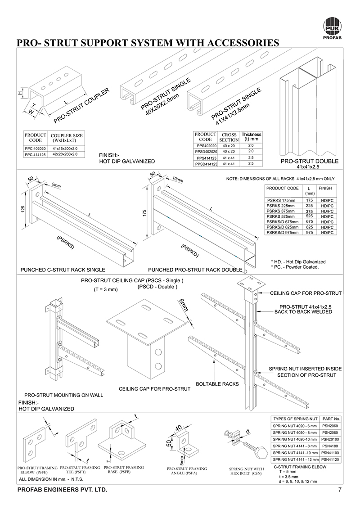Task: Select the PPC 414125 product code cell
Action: coord(36,155)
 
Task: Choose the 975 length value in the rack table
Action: coord(309,232)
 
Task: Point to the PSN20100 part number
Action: coord(331,439)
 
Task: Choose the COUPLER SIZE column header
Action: coord(67,137)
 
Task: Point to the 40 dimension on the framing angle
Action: coord(179,427)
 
